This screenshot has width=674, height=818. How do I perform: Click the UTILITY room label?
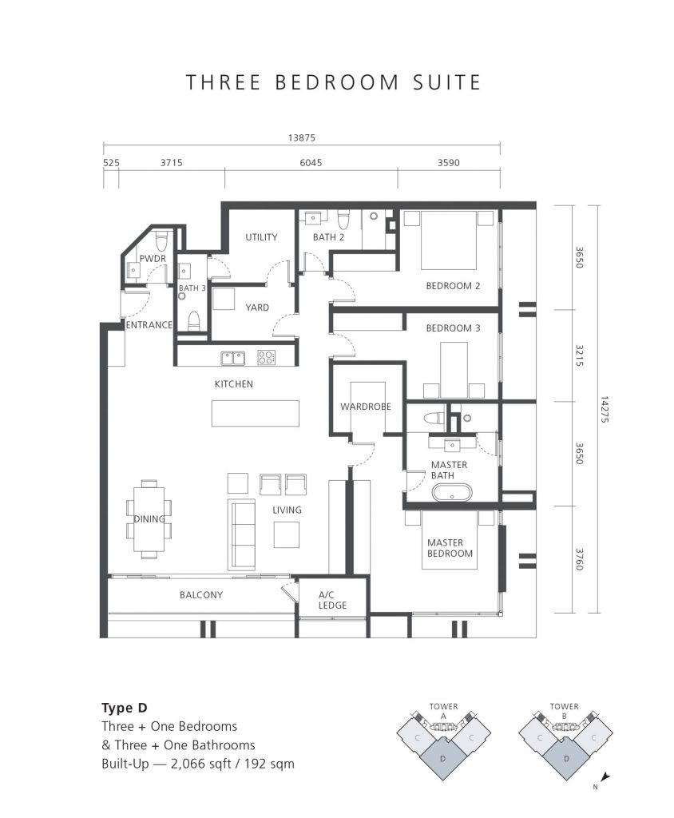[x=261, y=236]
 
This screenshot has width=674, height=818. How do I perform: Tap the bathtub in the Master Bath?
[x=452, y=493]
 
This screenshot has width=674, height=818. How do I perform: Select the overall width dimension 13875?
[x=302, y=137]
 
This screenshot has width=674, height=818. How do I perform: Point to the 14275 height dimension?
[x=604, y=409]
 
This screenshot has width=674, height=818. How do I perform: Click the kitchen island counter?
[x=255, y=413]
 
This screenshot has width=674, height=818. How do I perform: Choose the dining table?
[x=149, y=519]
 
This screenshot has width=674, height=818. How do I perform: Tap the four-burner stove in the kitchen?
[x=266, y=357]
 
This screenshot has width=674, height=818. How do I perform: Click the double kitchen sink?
[x=233, y=358]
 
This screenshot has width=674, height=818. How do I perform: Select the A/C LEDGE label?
[x=332, y=600]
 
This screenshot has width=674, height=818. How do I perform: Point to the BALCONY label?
[x=201, y=594]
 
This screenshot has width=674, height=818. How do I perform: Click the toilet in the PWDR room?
[x=161, y=240]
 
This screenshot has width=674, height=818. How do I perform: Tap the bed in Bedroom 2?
[x=449, y=240]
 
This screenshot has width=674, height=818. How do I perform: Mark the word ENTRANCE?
[x=149, y=325]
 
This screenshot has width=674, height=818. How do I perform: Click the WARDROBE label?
[x=366, y=407]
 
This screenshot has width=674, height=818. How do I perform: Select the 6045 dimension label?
[x=311, y=163]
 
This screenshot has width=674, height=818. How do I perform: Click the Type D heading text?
[x=124, y=708]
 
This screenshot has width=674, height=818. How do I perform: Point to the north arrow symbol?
[x=605, y=776]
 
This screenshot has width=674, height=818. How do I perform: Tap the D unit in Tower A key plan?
[x=443, y=757]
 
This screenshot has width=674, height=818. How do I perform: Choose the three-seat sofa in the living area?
[x=241, y=534]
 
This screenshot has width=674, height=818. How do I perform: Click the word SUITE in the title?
[x=447, y=82]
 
